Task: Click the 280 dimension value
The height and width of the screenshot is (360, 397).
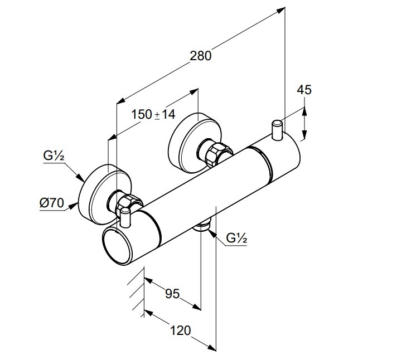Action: (201, 56)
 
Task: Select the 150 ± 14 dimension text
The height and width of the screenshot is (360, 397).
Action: (153, 114)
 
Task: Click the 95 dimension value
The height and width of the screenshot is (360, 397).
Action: (172, 293)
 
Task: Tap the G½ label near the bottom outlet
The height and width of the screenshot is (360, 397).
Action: (237, 239)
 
